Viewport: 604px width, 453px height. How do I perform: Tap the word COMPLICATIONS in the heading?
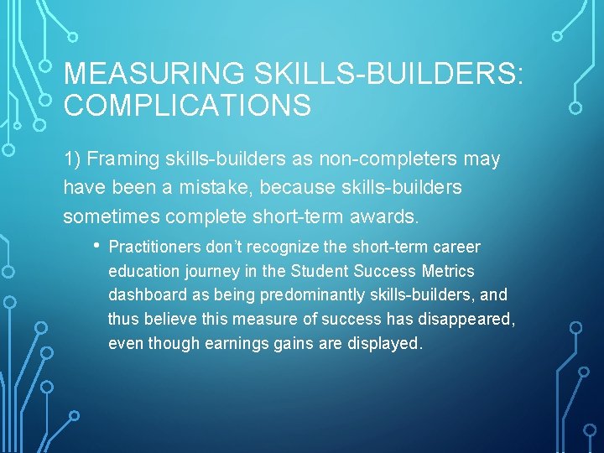(187, 107)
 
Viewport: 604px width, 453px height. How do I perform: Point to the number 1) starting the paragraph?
(72, 159)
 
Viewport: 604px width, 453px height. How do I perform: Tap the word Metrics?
(450, 272)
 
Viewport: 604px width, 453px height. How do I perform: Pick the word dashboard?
(144, 295)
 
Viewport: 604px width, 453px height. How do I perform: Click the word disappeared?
(464, 319)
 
